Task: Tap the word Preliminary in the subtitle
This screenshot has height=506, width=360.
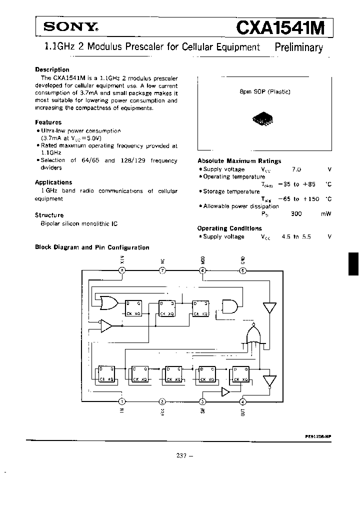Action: click(x=299, y=47)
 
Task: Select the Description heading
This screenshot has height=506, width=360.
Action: click(x=52, y=69)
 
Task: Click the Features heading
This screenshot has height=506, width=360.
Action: click(x=48, y=122)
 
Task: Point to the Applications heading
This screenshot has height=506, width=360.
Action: click(x=53, y=182)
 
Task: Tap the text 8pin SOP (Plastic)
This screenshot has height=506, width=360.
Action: click(x=265, y=92)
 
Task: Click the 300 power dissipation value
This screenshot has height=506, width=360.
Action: click(x=296, y=213)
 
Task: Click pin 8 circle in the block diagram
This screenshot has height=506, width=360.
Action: click(x=121, y=270)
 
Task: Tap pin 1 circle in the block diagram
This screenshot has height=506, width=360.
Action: click(x=121, y=401)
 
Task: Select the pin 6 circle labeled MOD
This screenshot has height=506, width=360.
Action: click(x=202, y=270)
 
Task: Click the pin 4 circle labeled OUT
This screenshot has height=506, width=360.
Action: click(x=243, y=401)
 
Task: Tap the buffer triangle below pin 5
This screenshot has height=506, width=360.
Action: click(x=269, y=308)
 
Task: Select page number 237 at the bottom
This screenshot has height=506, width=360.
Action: click(x=181, y=455)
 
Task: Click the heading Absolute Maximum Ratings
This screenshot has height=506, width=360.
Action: click(x=239, y=161)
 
